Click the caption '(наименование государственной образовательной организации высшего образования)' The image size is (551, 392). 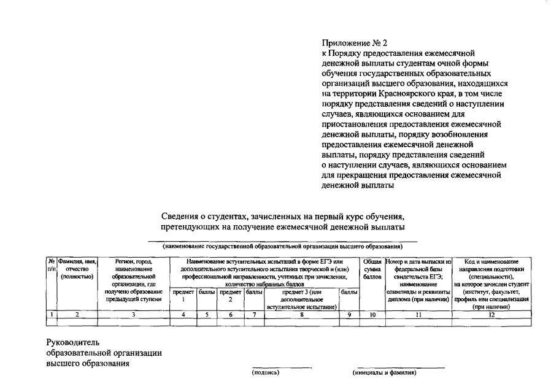(282, 247)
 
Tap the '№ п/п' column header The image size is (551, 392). (52, 266)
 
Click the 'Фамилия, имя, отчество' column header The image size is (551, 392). (77, 269)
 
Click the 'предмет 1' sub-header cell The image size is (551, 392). (183, 296)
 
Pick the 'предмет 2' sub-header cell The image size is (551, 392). (231, 296)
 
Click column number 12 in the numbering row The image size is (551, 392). (491, 314)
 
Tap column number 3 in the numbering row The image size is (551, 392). (134, 314)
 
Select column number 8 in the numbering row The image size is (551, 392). (301, 314)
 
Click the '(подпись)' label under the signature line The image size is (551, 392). (265, 372)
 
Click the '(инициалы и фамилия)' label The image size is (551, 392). (384, 372)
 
